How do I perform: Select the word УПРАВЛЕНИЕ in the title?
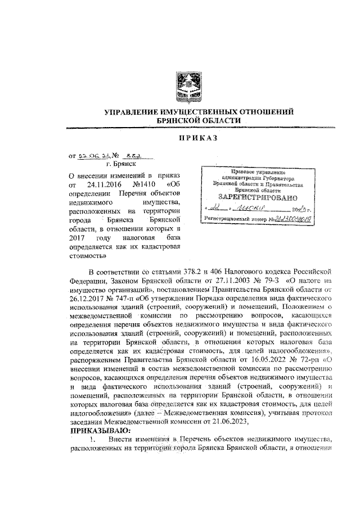pyautogui.click(x=134, y=112)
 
